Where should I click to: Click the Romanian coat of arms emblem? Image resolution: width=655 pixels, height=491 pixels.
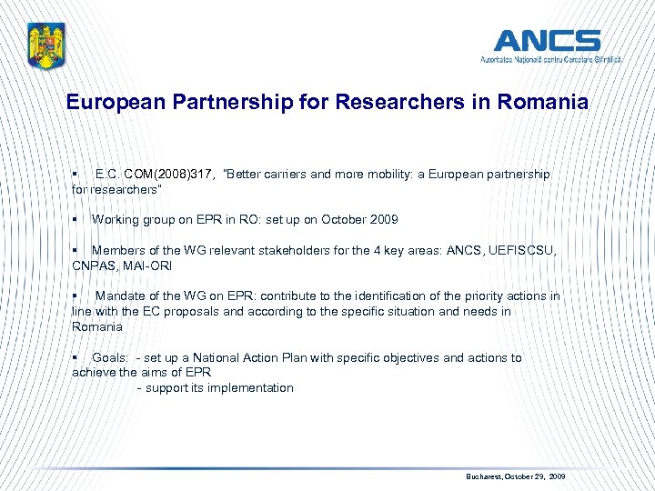46,45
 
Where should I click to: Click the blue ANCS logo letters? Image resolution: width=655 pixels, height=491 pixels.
547,41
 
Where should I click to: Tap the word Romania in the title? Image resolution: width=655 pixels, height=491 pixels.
543,102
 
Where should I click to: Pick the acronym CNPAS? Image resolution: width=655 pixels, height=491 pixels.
92,266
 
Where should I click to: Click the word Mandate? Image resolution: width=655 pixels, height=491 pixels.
121,296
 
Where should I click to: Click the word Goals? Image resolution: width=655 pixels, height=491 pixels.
110,357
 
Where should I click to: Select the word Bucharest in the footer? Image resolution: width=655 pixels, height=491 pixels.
482,476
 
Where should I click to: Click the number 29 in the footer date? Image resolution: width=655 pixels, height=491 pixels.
539,476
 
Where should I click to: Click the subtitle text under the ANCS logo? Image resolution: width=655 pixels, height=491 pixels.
551,59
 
